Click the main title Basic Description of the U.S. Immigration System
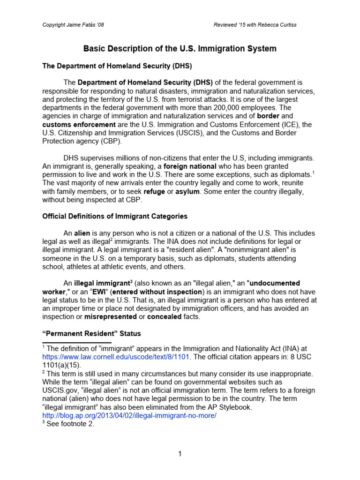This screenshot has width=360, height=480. tap(180, 48)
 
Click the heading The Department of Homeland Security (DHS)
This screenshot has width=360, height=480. tap(113, 66)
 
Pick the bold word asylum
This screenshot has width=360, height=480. tap(187, 191)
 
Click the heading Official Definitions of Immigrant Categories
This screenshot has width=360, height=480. tap(115, 216)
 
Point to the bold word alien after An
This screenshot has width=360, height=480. tap(82, 233)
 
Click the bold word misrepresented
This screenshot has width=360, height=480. tap(110, 316)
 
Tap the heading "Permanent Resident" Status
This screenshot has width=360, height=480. tap(91, 333)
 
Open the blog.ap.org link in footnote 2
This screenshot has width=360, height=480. tap(129, 416)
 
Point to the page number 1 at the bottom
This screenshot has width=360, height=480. tap(180, 453)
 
